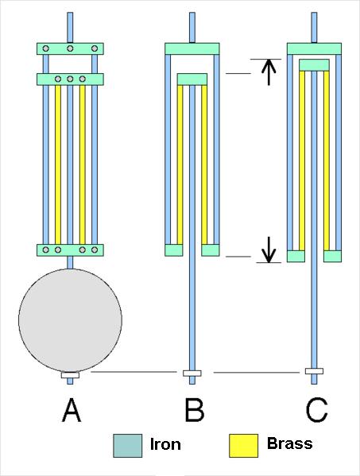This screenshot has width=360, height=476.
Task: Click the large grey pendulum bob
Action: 70,320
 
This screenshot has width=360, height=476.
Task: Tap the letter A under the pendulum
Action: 72,410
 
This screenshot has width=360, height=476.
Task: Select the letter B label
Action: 194,410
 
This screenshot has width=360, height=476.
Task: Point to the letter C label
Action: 316,410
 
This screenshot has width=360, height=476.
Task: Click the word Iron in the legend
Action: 165,444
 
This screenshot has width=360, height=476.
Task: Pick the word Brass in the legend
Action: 289,443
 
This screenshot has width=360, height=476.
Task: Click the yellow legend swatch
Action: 243,446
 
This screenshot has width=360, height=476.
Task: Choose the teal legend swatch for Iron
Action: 127,446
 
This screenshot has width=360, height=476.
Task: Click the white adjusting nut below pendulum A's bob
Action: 70,375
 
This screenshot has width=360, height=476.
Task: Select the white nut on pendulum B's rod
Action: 192,373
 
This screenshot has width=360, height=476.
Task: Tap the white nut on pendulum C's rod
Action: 314,371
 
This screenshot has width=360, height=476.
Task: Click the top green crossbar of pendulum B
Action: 192,48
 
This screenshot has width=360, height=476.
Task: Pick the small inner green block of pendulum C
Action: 314,65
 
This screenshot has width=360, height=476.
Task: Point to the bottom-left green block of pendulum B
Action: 174,250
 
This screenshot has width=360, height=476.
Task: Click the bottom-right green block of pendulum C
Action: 332,256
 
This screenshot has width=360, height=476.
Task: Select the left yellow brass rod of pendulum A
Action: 58,164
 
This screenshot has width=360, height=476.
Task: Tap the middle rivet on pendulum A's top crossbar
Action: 70,48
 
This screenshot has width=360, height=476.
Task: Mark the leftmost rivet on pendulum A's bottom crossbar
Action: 46,250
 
